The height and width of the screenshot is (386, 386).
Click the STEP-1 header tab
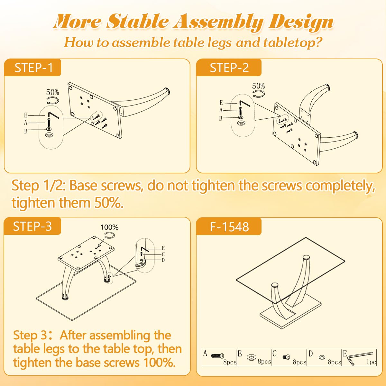[33, 68]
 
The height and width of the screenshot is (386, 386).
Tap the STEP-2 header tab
[229, 68]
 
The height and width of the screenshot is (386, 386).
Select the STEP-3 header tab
[32, 226]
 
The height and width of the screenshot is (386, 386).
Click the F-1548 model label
[229, 226]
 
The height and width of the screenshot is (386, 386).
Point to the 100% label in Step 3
[109, 227]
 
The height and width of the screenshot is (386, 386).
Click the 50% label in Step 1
[53, 92]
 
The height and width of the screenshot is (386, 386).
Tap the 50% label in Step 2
[258, 86]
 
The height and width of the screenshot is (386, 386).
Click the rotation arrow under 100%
[109, 235]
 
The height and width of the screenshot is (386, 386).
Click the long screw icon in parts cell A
[217, 356]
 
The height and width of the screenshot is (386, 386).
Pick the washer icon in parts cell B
[252, 358]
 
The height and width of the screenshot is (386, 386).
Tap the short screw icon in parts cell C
[286, 357]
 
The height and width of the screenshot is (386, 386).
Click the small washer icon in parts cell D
[322, 357]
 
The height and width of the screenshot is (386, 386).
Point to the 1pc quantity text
[371, 362]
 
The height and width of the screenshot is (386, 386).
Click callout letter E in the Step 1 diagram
[26, 115]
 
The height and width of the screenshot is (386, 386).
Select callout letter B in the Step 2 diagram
[221, 119]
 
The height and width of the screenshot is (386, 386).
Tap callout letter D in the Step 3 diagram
[163, 260]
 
